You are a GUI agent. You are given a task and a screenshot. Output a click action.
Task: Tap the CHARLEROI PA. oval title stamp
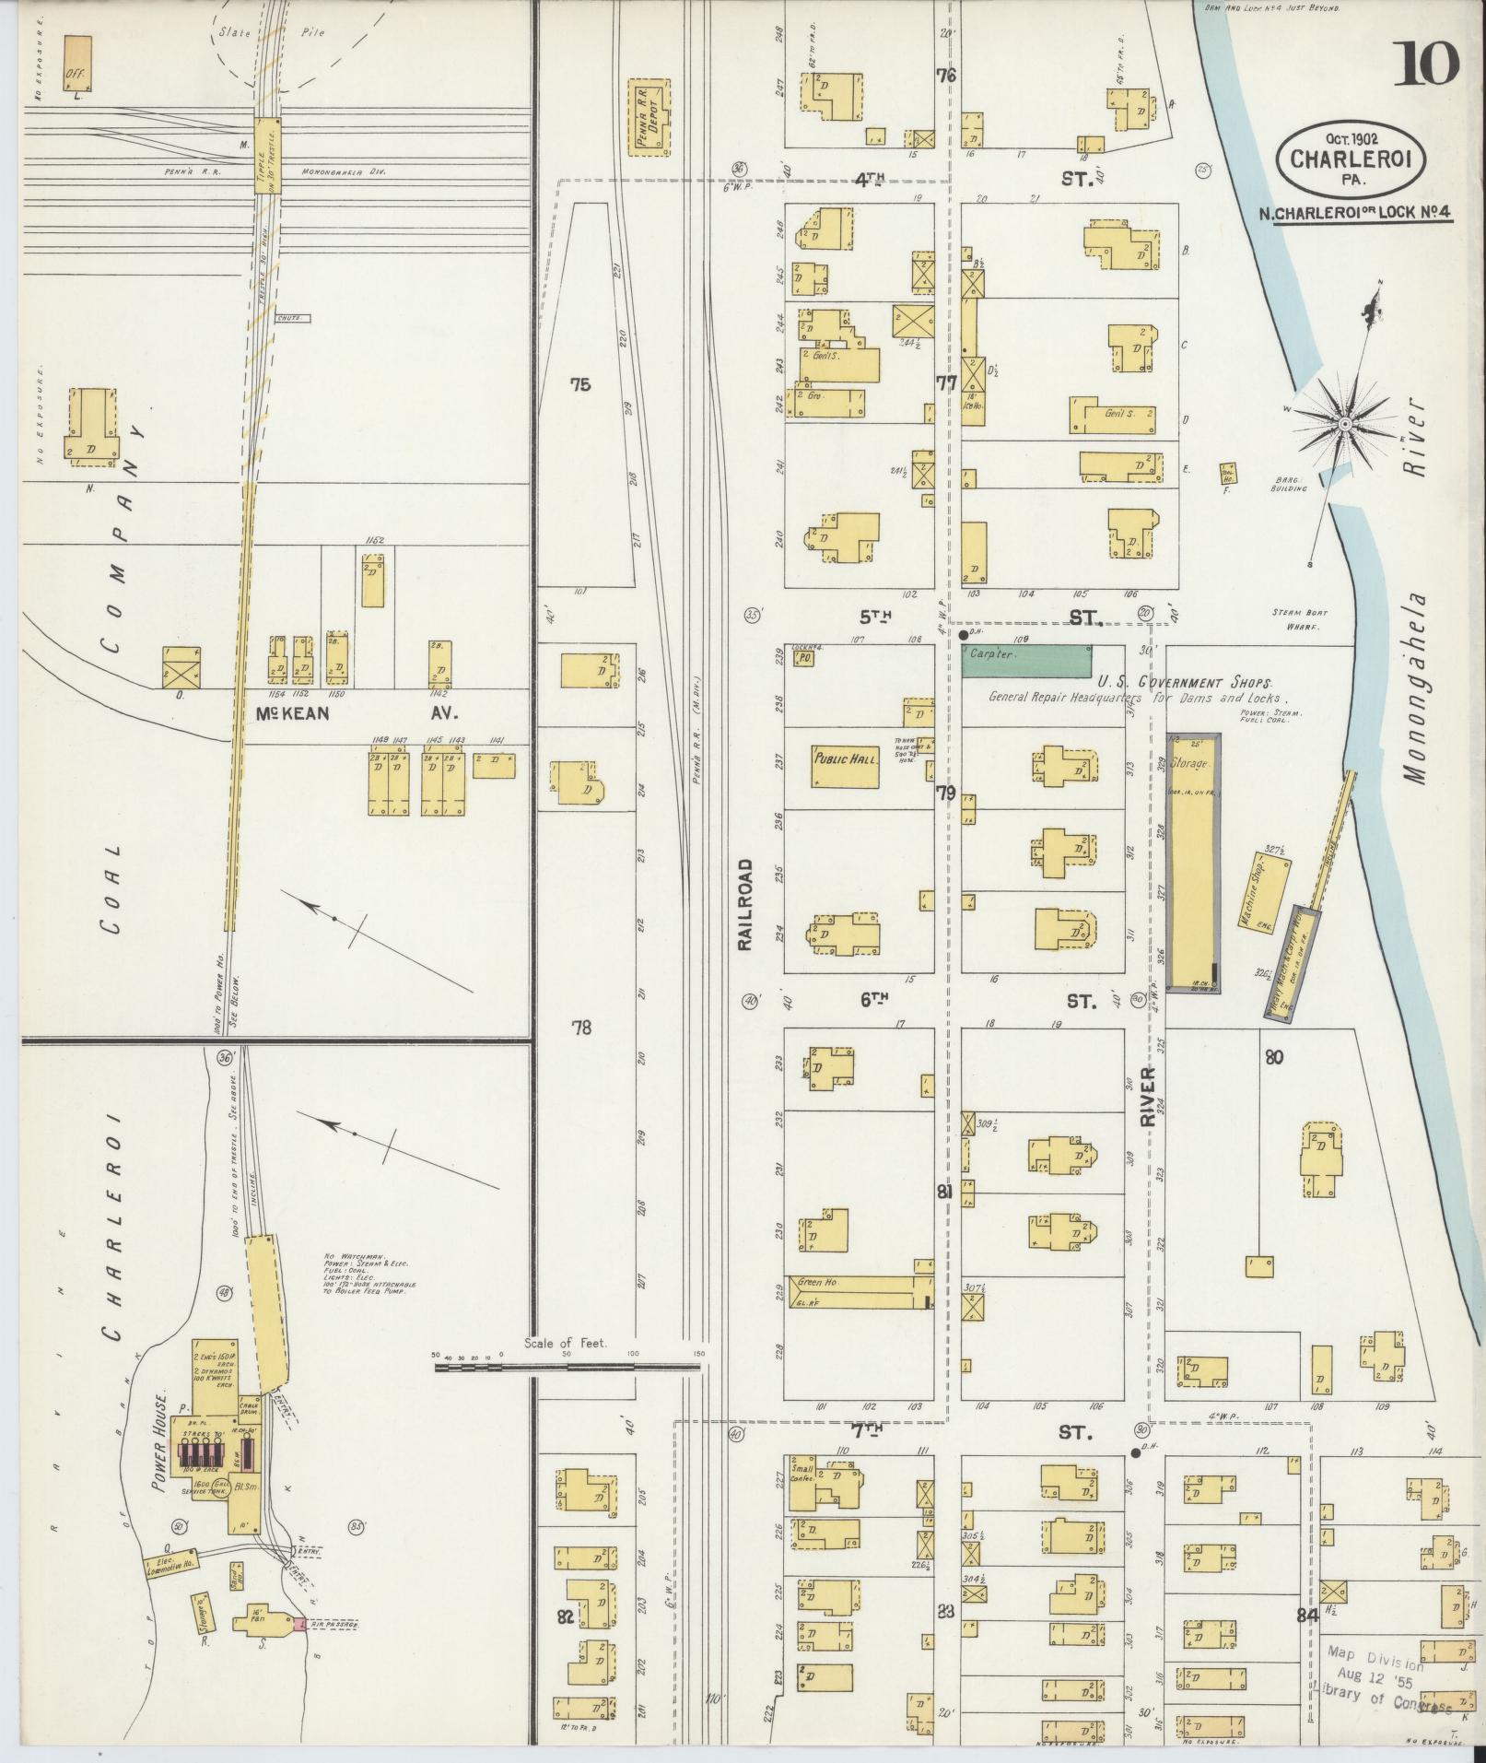(1351, 157)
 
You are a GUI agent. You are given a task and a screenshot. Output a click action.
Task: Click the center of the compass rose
(1344, 423)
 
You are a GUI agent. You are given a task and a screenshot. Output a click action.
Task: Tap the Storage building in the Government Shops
(1193, 863)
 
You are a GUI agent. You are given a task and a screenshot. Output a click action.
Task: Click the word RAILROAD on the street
(744, 904)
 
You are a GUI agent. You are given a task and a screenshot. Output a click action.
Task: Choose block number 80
(1273, 1057)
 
